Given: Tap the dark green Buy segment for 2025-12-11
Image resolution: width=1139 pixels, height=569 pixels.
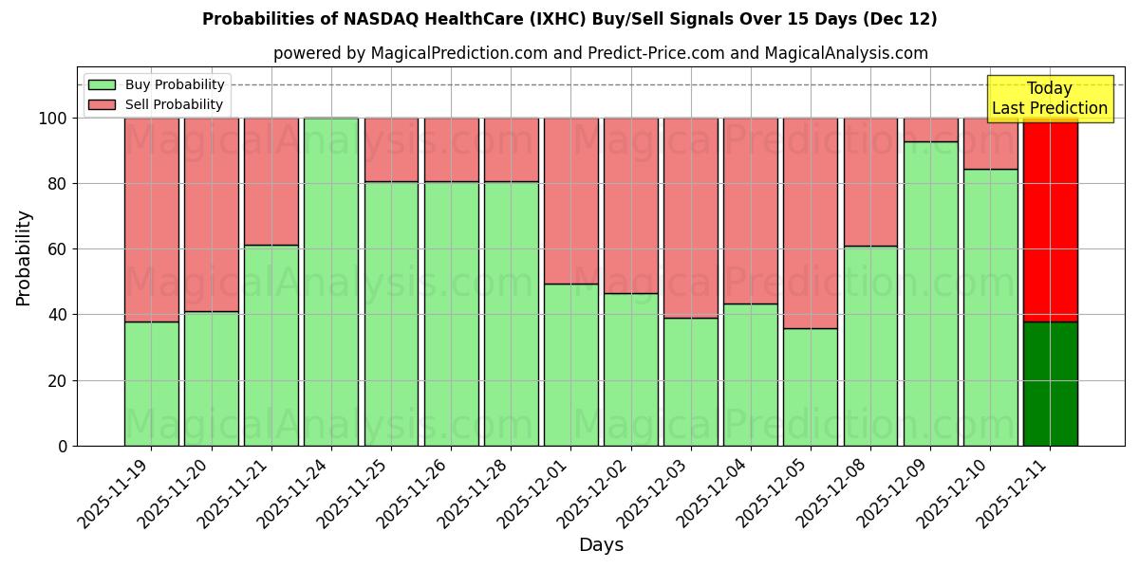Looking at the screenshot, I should [x=1050, y=384].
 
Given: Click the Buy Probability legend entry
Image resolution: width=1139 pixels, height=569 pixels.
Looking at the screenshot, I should [x=156, y=84].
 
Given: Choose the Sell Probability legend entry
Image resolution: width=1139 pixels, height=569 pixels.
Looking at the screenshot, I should [x=156, y=104].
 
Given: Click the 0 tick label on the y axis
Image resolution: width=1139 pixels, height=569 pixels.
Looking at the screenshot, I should [x=63, y=446].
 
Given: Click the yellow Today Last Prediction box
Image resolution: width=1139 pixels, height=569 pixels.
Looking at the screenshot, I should [x=1049, y=99].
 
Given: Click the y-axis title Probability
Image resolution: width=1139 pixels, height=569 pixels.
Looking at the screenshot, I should [x=24, y=258].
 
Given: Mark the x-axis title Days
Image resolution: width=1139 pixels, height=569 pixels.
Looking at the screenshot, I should [x=601, y=545].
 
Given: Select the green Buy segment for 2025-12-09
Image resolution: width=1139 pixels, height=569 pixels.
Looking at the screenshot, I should [x=930, y=294].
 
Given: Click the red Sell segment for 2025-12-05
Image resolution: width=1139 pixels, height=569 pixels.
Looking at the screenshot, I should [x=810, y=223].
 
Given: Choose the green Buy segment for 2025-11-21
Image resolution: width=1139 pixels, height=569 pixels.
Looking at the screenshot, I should [x=271, y=345].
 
